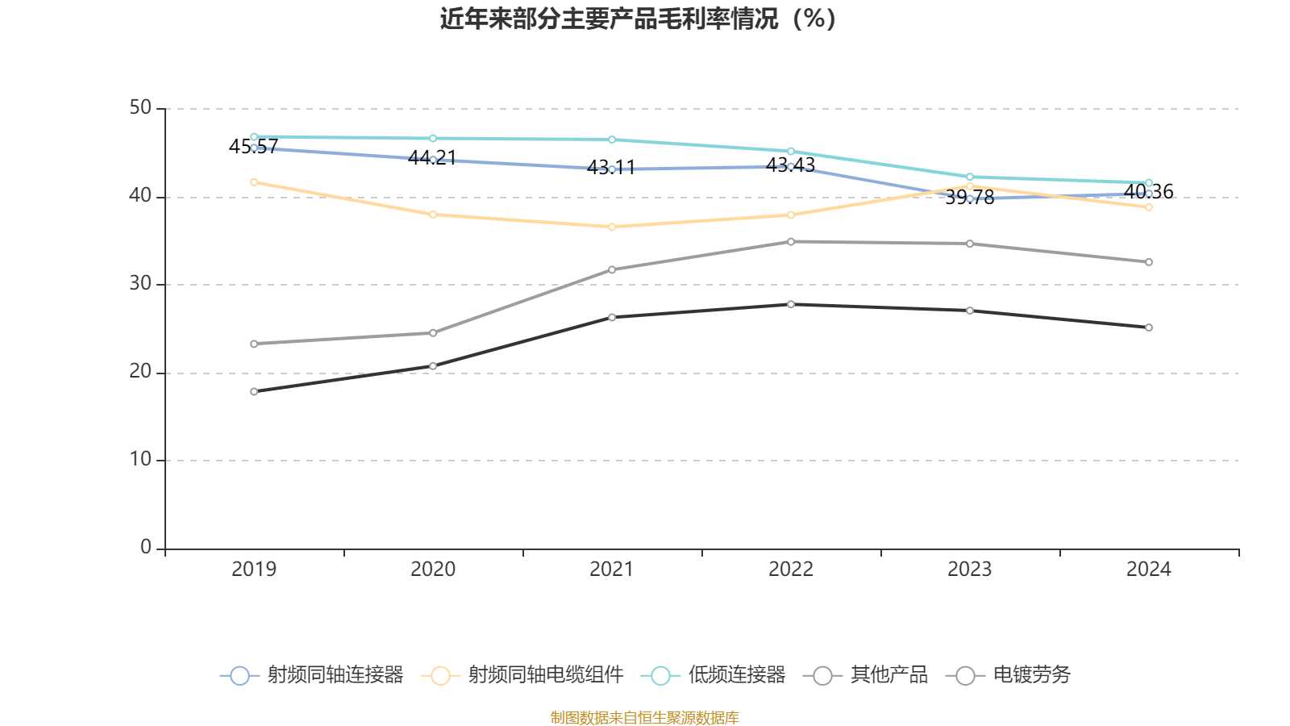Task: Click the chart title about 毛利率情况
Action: pyautogui.click(x=638, y=19)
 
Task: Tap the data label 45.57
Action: pyautogui.click(x=253, y=147)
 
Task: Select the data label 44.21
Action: pyautogui.click(x=432, y=158)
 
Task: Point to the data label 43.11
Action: pyautogui.click(x=611, y=168)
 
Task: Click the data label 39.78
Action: pyautogui.click(x=969, y=198)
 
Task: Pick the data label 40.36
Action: pyautogui.click(x=1148, y=192)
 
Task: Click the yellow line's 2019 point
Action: pyautogui.click(x=254, y=182)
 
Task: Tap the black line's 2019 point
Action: pyautogui.click(x=254, y=392)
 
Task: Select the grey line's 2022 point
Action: pyautogui.click(x=791, y=241)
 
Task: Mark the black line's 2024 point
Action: pyautogui.click(x=1149, y=328)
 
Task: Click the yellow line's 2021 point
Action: pyautogui.click(x=612, y=227)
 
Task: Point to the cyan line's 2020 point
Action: pyautogui.click(x=433, y=138)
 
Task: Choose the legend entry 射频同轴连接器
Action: pyautogui.click(x=312, y=675)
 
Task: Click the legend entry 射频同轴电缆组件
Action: pyautogui.click(x=522, y=675)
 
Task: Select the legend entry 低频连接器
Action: pyautogui.click(x=714, y=675)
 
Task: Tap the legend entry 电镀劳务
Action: pyautogui.click(x=1013, y=675)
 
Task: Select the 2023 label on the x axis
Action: pyautogui.click(x=969, y=570)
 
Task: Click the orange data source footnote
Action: pyautogui.click(x=644, y=717)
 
